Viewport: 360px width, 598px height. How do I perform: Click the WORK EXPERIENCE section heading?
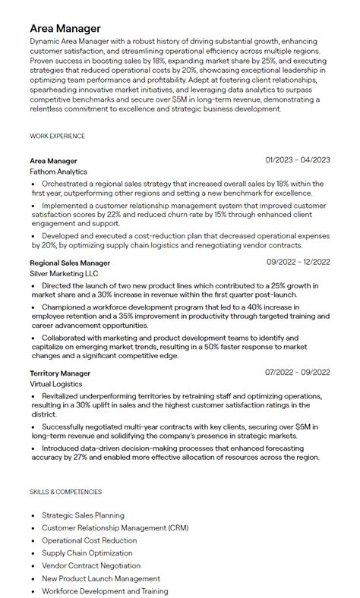(x=57, y=137)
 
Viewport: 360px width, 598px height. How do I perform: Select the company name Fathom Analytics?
(x=59, y=172)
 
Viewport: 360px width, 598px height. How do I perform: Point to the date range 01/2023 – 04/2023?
(x=298, y=160)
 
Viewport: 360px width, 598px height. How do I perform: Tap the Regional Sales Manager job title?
(x=70, y=263)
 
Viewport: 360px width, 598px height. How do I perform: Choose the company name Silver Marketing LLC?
(x=64, y=274)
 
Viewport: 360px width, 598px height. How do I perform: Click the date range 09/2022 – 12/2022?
(x=298, y=263)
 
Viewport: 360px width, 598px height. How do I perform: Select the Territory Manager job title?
(x=60, y=373)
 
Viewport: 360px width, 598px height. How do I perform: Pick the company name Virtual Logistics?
(x=57, y=385)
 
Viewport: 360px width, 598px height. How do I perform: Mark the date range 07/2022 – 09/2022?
(x=298, y=373)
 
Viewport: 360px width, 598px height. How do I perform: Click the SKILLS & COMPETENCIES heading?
(x=65, y=492)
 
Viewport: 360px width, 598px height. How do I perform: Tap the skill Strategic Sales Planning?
(x=84, y=515)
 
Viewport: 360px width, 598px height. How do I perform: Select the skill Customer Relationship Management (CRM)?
(x=115, y=527)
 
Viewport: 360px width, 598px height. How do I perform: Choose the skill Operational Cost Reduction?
(x=90, y=540)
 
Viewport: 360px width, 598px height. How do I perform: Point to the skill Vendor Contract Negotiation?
(x=91, y=565)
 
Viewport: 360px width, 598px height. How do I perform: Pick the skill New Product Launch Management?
(x=96, y=578)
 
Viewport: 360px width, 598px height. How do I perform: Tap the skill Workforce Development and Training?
(x=105, y=591)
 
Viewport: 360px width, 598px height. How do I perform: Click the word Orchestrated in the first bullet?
(x=65, y=184)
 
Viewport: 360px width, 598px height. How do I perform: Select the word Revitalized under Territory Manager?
(x=62, y=397)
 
